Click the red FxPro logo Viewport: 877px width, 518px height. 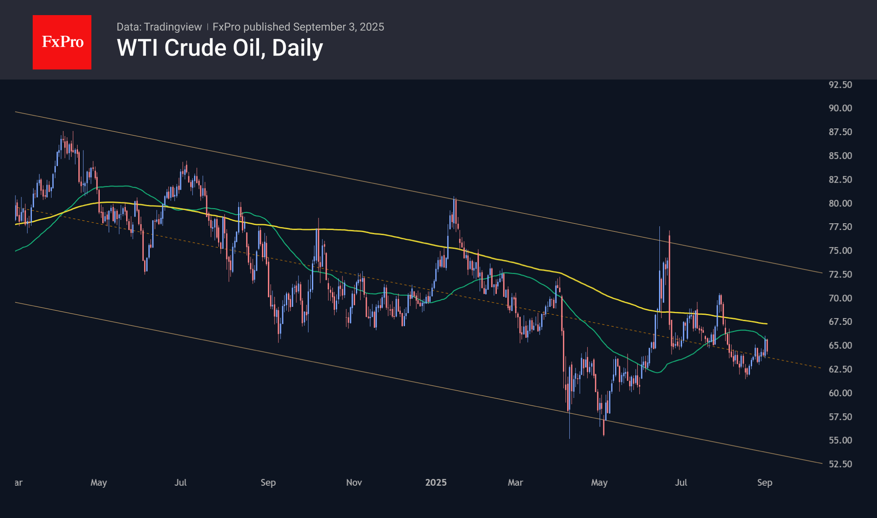(62, 42)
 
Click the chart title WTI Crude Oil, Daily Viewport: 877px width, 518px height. (220, 48)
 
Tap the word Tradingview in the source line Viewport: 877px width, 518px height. (173, 27)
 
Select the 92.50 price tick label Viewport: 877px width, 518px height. (840, 85)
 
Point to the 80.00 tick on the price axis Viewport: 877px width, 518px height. (840, 203)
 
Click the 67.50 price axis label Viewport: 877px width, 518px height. (840, 322)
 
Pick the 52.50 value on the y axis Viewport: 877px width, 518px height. (840, 464)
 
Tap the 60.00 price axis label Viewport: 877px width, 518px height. (840, 393)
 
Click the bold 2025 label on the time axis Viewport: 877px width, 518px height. (436, 482)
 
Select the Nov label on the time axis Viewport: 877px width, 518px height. (354, 482)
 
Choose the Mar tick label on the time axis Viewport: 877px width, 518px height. (515, 482)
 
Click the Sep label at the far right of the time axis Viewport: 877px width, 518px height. (765, 482)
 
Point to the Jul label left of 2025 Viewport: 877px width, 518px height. (180, 482)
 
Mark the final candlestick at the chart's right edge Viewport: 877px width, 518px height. (767, 346)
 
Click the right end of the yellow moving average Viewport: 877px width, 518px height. (767, 324)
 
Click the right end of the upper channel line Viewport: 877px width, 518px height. (822, 273)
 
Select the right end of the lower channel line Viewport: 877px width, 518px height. (822, 463)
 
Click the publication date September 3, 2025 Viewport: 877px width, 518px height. (338, 27)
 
